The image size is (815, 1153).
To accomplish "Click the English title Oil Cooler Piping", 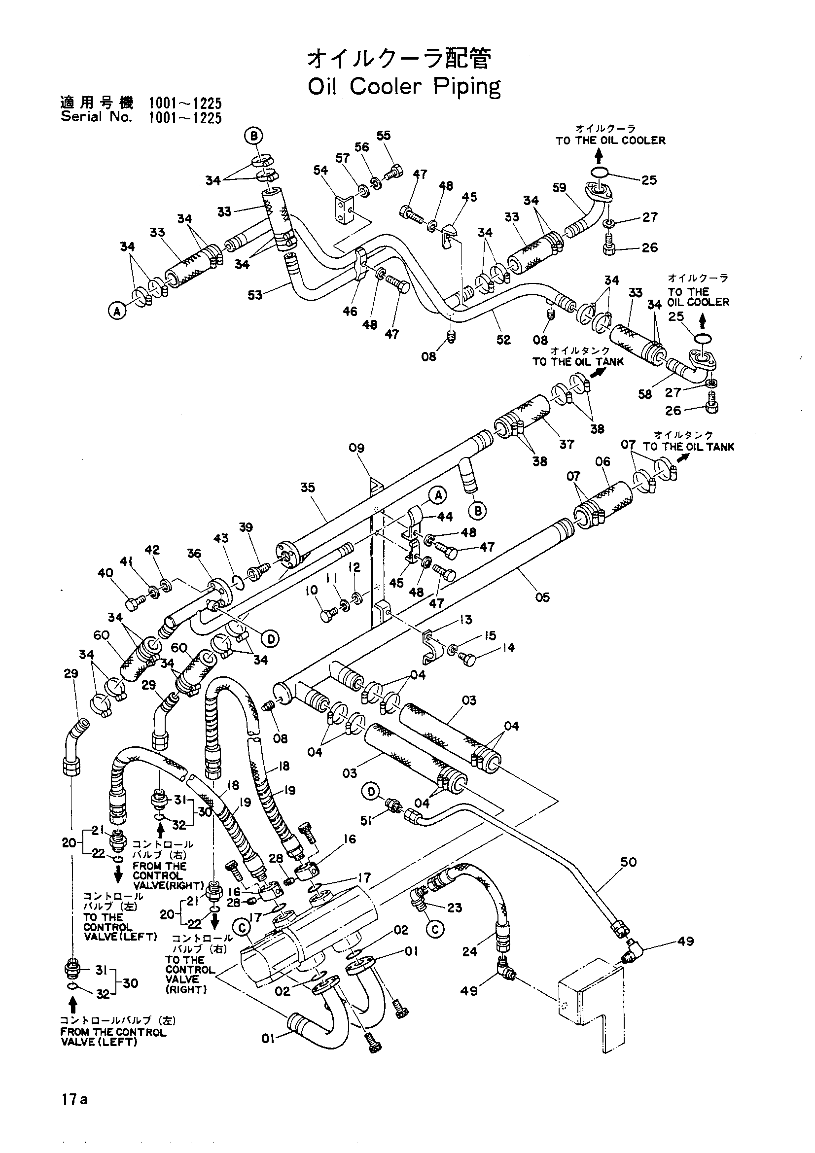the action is click(x=404, y=87).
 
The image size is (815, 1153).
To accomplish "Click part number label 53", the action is click(x=255, y=295).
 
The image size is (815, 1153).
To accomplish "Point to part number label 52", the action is click(x=503, y=340).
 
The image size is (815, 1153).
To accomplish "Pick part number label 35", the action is click(x=308, y=487).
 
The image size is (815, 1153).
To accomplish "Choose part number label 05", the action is click(x=542, y=597).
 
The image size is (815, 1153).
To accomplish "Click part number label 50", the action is click(x=628, y=862).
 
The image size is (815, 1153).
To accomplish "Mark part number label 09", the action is click(x=356, y=448).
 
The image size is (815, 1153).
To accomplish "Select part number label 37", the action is click(x=567, y=444).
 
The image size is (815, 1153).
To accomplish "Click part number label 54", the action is click(x=320, y=170).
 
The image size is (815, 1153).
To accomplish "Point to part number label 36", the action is click(x=194, y=554).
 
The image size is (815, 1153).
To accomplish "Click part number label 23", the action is click(x=455, y=908).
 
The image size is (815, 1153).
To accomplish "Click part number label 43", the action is click(x=221, y=538).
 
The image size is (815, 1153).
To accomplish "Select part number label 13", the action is click(x=466, y=620).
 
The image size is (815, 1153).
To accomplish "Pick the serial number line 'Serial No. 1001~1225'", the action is click(x=141, y=117).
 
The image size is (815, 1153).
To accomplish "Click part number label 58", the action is click(x=645, y=394).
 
